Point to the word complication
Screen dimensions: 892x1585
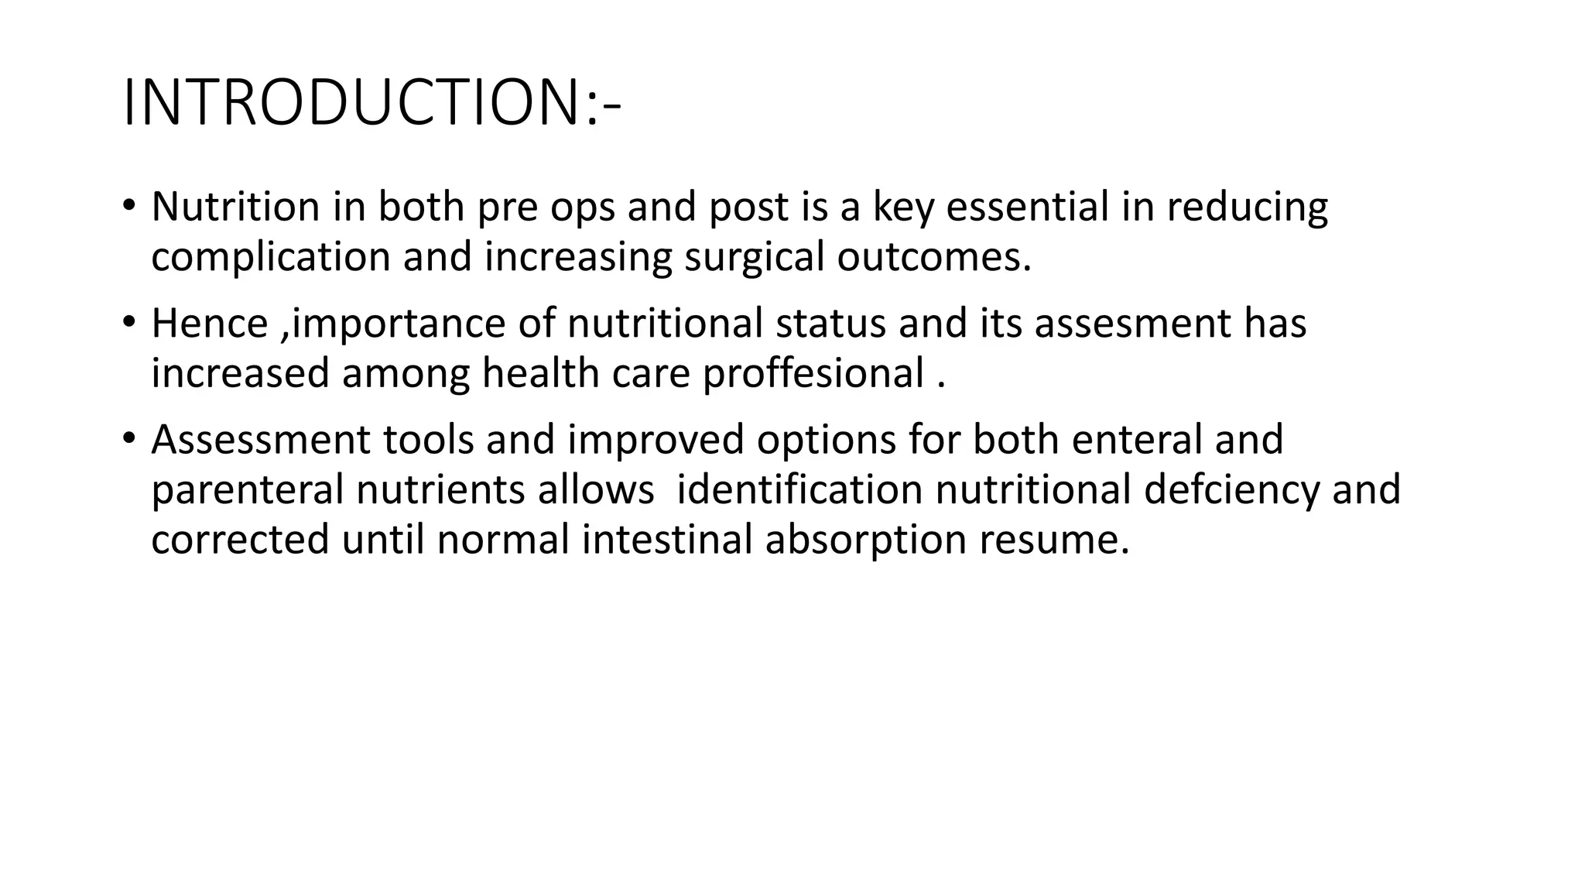271,258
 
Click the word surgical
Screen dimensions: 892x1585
754,258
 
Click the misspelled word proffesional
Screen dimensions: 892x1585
813,374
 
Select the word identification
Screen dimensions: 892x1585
799,489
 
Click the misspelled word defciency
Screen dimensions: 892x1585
1231,490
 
